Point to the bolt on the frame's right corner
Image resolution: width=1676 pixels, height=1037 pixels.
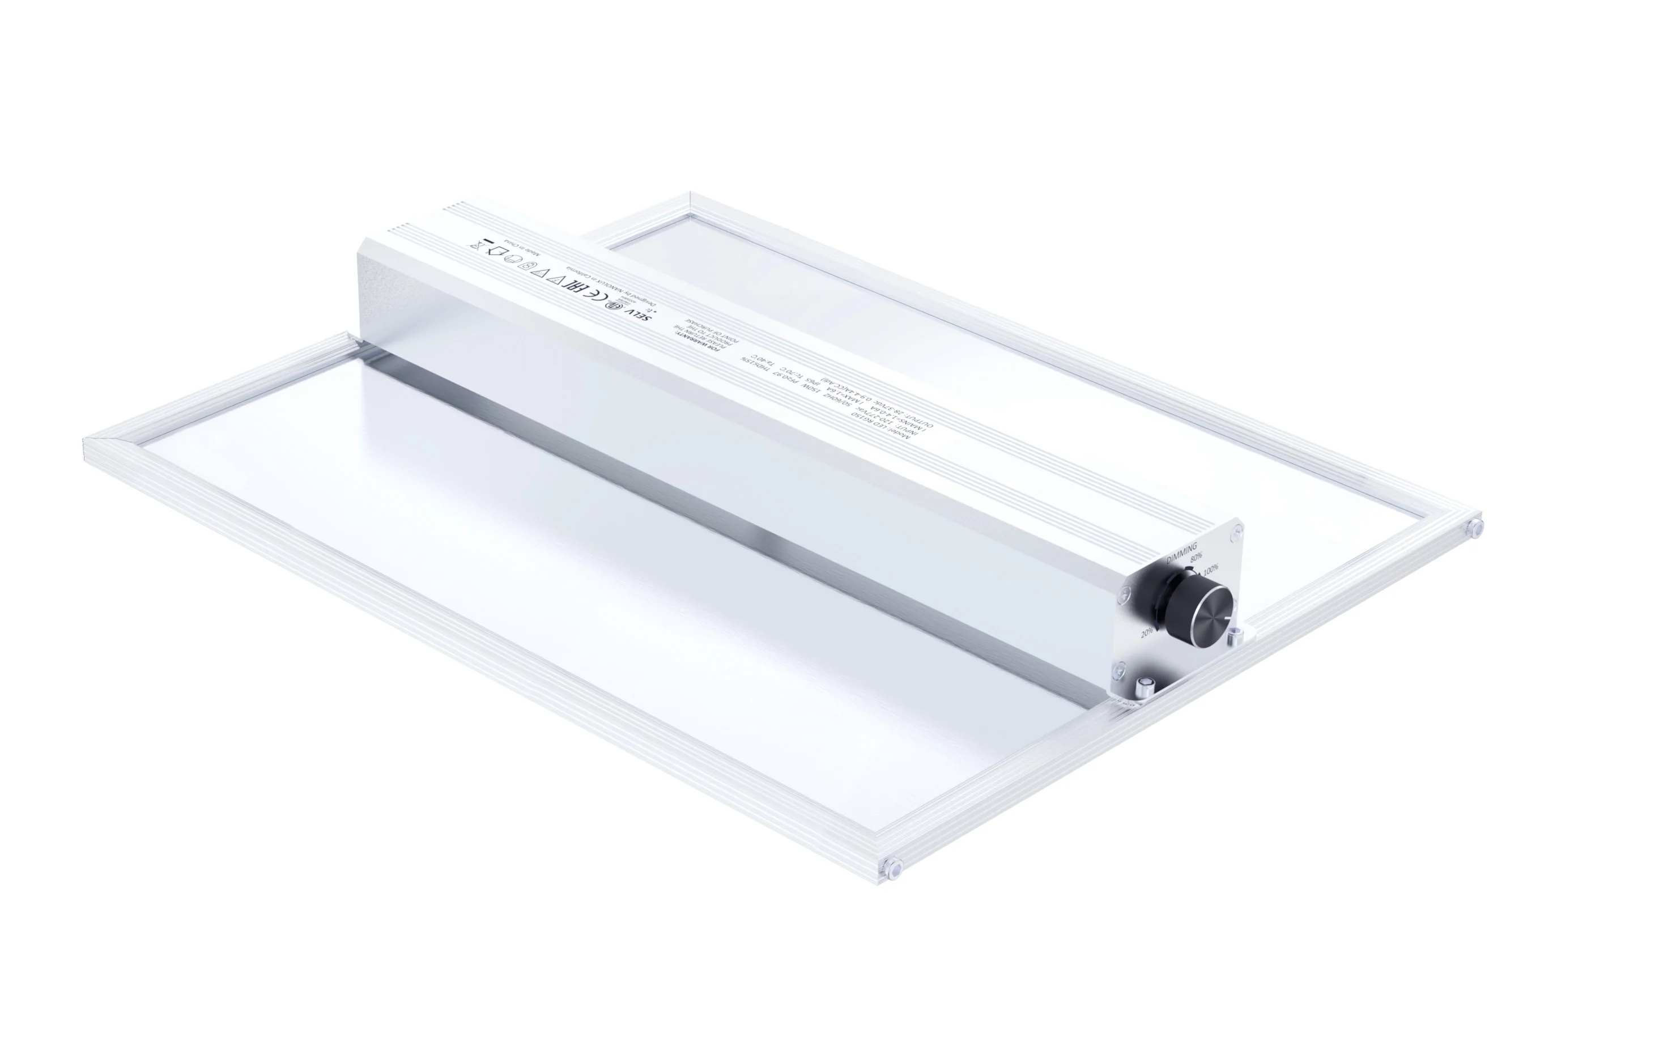click(x=1473, y=527)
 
